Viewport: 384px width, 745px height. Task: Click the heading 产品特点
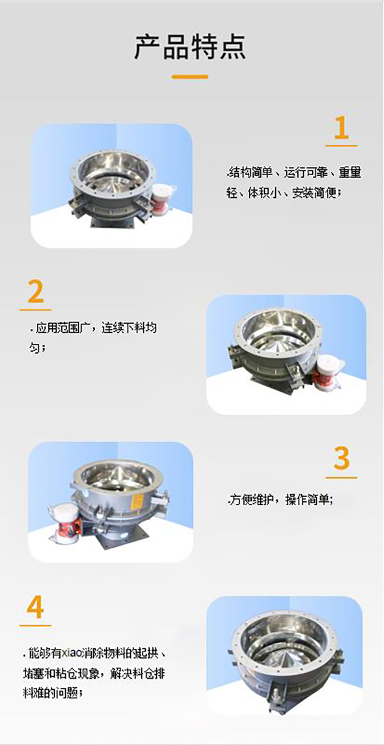coord(190,47)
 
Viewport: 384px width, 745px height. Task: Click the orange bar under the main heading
coord(190,77)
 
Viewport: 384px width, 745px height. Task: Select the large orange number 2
coord(35,292)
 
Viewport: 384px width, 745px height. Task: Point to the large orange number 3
coord(341,459)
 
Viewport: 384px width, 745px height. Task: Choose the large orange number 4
coord(35,608)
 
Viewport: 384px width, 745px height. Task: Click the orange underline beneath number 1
coord(341,146)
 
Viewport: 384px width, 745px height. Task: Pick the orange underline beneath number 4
coord(35,626)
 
